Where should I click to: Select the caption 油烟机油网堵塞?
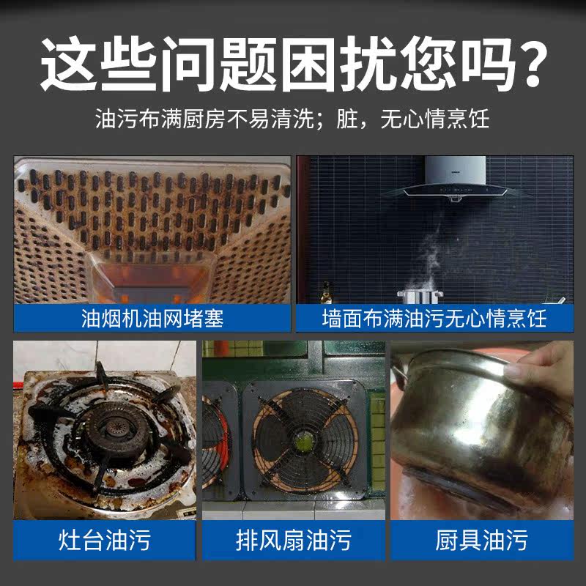152,319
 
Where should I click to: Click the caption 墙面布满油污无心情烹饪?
434,319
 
